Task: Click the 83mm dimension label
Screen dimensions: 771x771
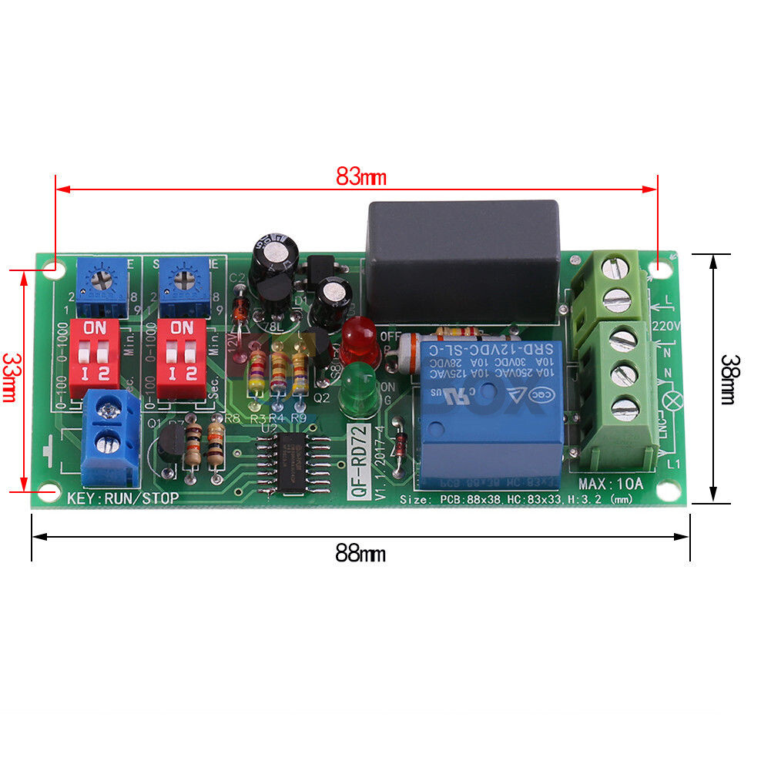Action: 360,176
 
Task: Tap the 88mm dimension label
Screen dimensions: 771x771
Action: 360,552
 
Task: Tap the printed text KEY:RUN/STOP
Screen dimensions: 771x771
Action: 123,498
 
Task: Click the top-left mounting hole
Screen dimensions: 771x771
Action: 54,270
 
